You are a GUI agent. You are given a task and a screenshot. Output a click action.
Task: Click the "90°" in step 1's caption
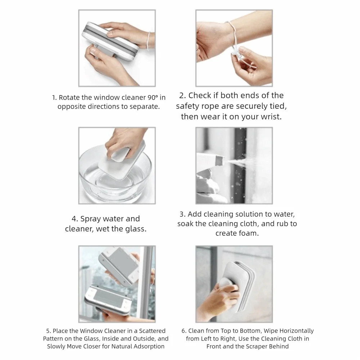tap(153, 98)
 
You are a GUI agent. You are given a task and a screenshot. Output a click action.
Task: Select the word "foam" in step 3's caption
tap(248, 233)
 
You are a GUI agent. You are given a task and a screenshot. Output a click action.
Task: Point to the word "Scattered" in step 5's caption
tap(152, 331)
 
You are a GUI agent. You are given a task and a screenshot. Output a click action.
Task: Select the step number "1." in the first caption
tap(54, 98)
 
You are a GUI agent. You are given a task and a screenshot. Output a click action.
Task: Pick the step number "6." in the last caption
tap(184, 331)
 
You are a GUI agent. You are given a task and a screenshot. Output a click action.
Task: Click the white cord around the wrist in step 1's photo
tap(149, 41)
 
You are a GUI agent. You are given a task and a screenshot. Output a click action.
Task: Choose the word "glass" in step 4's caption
tap(136, 229)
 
